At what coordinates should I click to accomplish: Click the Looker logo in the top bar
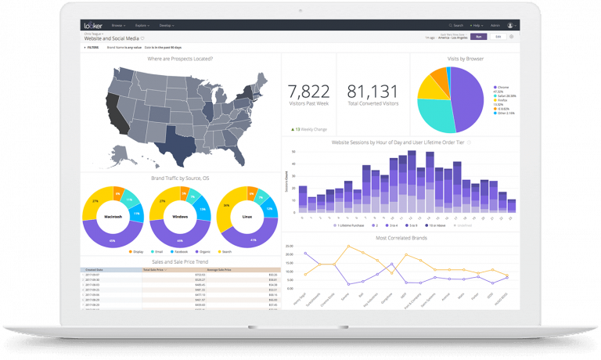click(x=93, y=25)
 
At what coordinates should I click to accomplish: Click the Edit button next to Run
click(x=498, y=36)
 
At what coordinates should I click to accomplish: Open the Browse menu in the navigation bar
click(x=117, y=25)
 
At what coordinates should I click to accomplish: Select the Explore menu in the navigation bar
click(x=142, y=25)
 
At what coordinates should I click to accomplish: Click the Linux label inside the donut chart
click(x=247, y=214)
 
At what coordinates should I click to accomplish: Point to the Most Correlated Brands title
click(x=401, y=237)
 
